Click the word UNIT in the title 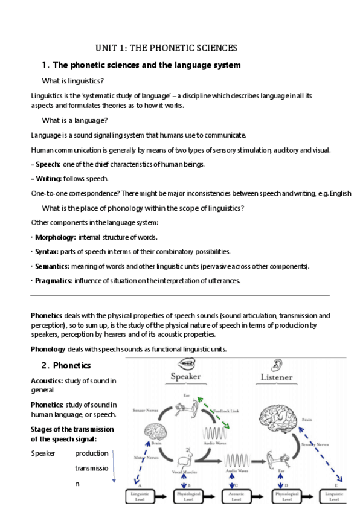(106, 48)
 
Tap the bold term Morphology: (55, 237)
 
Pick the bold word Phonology (48, 349)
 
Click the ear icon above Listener (277, 365)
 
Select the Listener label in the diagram (276, 378)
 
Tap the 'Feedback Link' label (227, 411)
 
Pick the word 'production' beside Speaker (92, 453)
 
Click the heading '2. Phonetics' (66, 366)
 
